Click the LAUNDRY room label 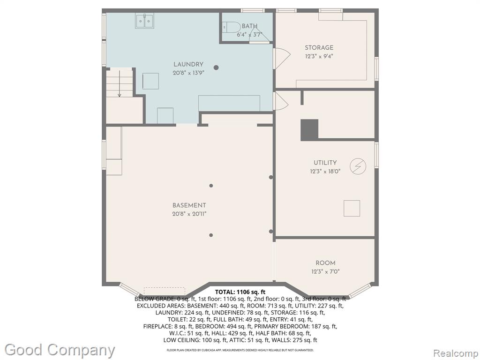tap(188, 64)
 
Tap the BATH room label tap(249, 26)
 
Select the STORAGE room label tap(319, 47)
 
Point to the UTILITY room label tap(325, 163)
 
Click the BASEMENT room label tap(189, 205)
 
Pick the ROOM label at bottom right tap(325, 262)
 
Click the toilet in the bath tap(232, 27)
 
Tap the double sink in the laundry tap(144, 21)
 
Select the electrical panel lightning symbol tap(358, 166)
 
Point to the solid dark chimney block tap(309, 130)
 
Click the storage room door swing tap(282, 58)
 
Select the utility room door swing tap(281, 101)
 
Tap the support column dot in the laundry tap(216, 67)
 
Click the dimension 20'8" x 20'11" tap(189, 214)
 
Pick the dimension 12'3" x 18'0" tap(325, 171)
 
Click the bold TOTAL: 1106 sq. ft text tap(240, 292)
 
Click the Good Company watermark tap(60, 350)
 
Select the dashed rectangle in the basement tap(165, 291)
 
